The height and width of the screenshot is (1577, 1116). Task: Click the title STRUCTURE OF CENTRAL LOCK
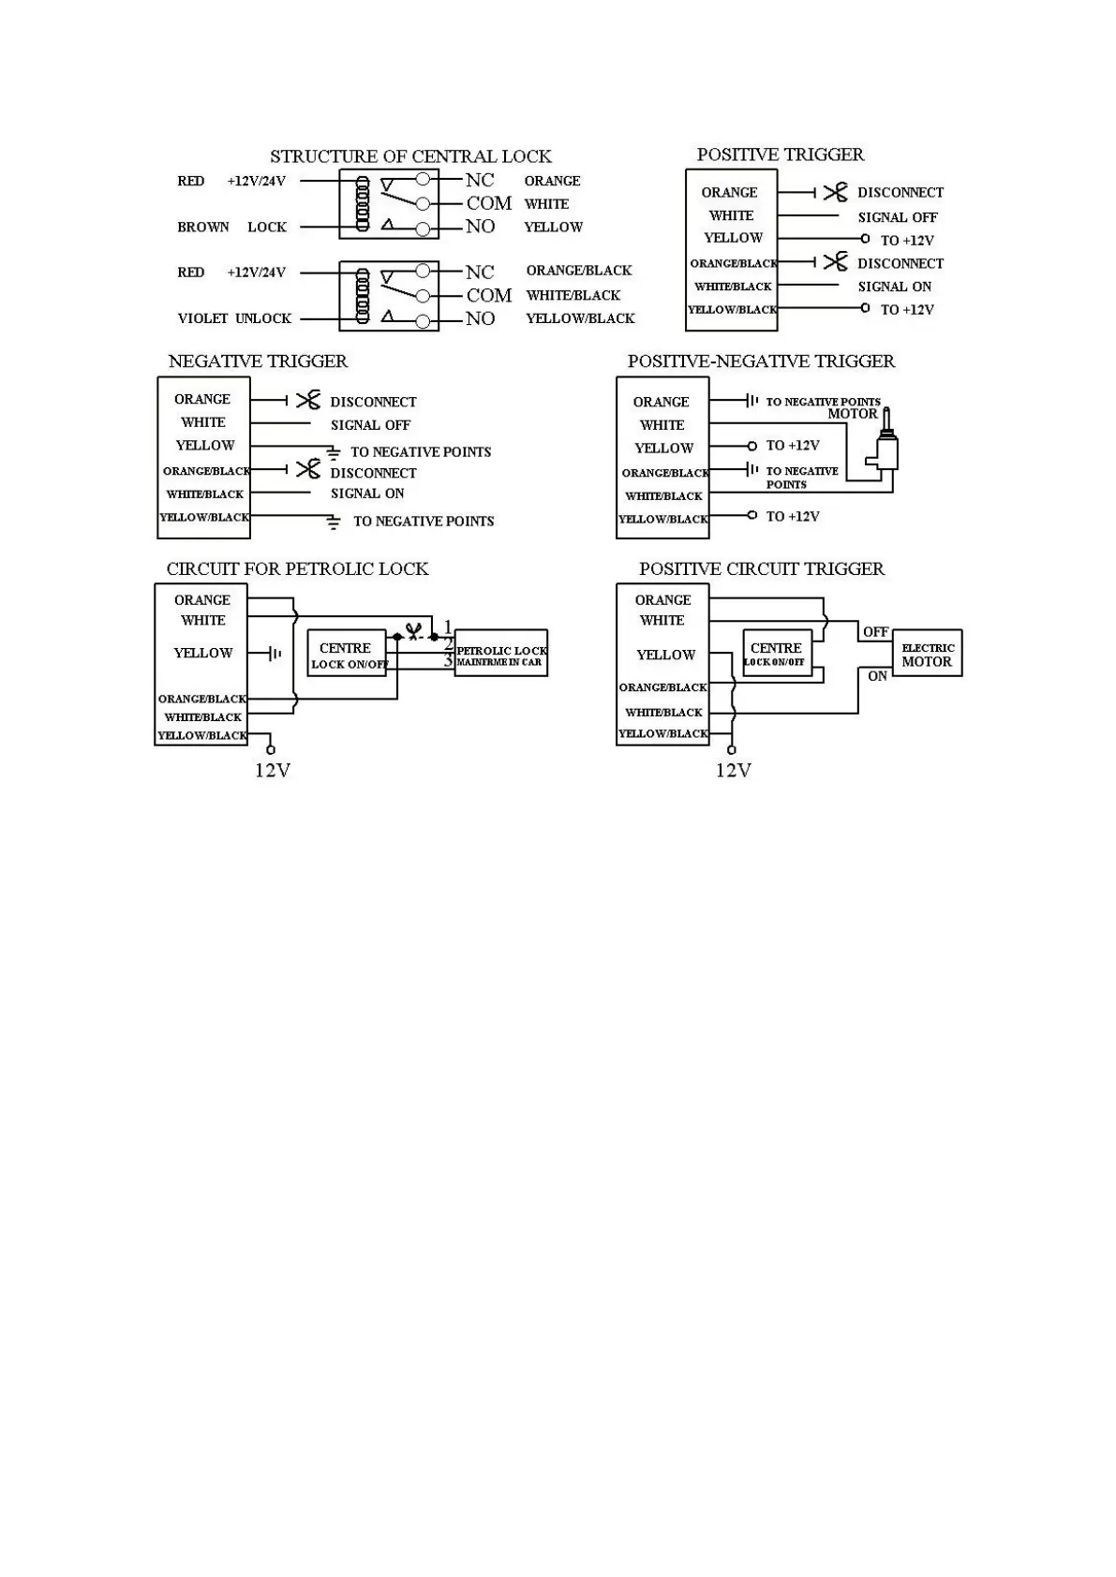tap(410, 156)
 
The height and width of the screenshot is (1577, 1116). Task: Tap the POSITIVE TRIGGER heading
tap(780, 155)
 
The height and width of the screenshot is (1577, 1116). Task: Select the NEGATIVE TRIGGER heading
tap(258, 361)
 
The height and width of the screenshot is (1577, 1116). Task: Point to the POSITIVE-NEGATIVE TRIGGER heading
tap(761, 361)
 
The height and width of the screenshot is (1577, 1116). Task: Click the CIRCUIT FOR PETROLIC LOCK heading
tap(297, 569)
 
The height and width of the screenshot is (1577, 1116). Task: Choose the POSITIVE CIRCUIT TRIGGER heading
tap(761, 569)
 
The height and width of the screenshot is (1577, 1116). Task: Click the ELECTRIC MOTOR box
tap(927, 654)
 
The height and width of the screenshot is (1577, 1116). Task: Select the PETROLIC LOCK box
tap(500, 654)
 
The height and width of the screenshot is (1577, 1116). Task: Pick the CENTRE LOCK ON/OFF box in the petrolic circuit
tap(347, 655)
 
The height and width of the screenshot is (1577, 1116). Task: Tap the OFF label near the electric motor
tap(875, 632)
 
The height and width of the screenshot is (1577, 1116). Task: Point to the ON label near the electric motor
tap(877, 676)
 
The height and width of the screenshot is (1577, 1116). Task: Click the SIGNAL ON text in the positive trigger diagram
tap(894, 287)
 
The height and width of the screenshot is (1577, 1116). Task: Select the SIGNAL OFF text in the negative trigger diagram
tap(370, 425)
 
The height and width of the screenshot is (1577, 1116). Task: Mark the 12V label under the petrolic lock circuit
tap(273, 771)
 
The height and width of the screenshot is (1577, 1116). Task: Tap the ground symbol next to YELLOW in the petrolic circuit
tap(274, 654)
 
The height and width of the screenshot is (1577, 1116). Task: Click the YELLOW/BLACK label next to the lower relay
tap(580, 318)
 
